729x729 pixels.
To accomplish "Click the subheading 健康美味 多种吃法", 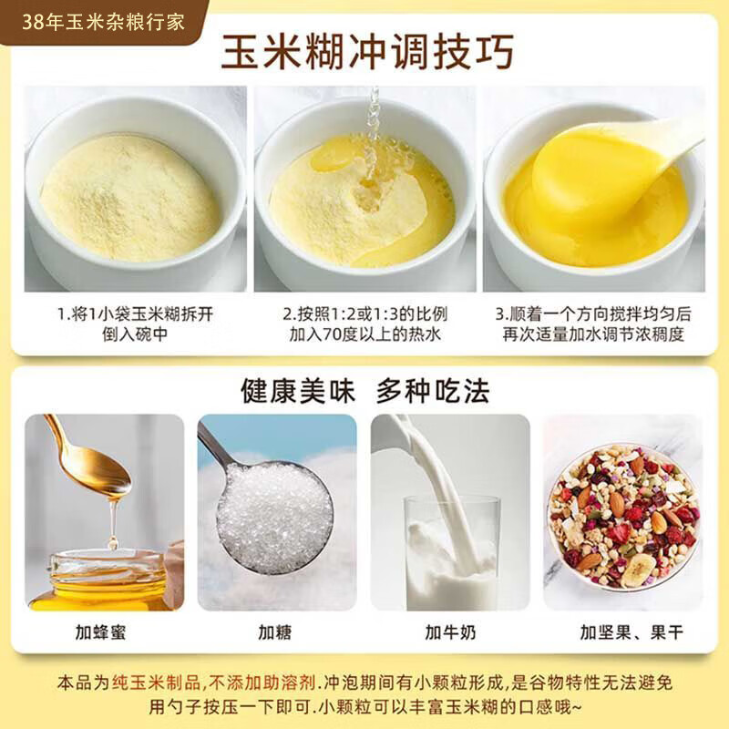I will [365, 390].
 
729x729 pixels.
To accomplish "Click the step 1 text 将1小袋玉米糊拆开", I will [137, 314].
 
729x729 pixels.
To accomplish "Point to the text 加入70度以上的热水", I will [364, 334].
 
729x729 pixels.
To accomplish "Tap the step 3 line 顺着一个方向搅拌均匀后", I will [592, 314].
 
